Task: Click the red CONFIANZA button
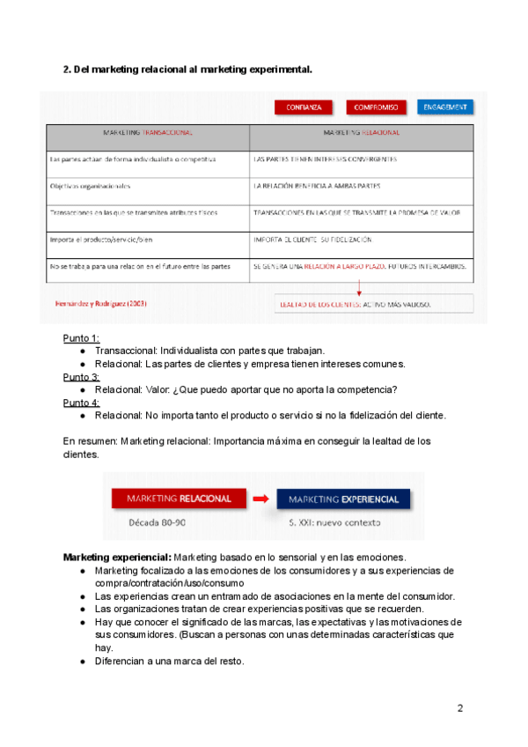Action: [304, 107]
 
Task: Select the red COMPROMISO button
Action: [376, 107]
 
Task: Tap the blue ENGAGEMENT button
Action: [445, 107]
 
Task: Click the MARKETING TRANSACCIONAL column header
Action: [148, 132]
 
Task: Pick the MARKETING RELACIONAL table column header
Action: [362, 132]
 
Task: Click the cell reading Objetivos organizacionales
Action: [91, 186]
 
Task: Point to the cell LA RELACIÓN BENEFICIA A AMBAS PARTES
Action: [317, 186]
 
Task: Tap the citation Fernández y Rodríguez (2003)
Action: [100, 303]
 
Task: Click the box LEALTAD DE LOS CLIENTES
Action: [355, 304]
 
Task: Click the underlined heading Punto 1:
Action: [81, 337]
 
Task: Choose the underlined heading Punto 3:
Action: [81, 376]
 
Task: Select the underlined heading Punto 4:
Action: [81, 403]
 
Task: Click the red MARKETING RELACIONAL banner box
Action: [179, 499]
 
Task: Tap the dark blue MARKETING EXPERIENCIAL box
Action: [344, 499]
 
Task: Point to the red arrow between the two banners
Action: [260, 499]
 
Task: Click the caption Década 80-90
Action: [157, 522]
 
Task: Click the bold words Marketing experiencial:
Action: [117, 558]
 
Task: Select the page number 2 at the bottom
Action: [459, 708]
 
